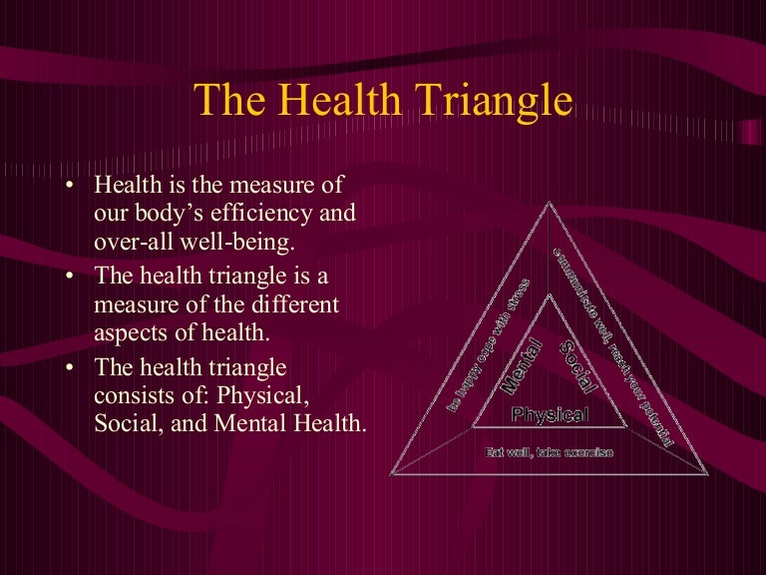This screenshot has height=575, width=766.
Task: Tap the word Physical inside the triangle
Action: tap(550, 414)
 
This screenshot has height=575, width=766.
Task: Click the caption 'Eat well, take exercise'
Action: tap(549, 452)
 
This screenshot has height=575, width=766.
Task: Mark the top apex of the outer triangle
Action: tap(549, 203)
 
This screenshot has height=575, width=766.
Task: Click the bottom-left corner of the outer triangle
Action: tap(390, 474)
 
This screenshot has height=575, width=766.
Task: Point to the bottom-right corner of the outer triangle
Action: tap(708, 474)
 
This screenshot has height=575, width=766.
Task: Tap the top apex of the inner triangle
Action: tap(550, 293)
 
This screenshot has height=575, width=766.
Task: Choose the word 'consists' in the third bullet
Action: tap(130, 396)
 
